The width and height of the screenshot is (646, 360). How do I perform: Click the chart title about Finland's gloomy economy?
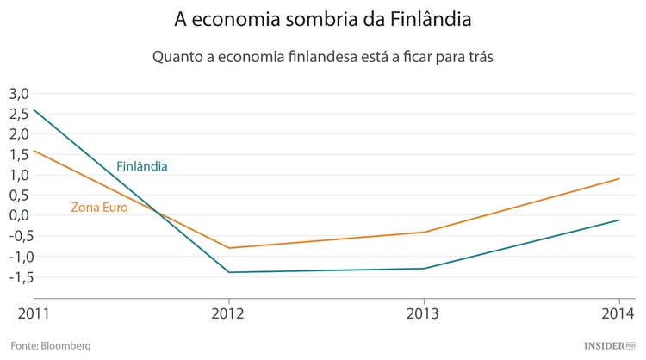(323, 19)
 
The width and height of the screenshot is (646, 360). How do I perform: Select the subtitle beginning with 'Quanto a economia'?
(322, 57)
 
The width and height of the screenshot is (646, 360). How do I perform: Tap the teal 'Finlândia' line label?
(141, 165)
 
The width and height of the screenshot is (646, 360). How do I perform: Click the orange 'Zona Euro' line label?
(99, 207)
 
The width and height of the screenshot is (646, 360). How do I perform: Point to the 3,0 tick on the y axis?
(19, 93)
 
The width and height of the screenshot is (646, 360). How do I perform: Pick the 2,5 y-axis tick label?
(19, 113)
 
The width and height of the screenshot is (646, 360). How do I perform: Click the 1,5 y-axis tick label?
(19, 154)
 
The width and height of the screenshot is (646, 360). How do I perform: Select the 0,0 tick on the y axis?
(19, 215)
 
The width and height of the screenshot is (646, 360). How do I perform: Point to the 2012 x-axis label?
(228, 312)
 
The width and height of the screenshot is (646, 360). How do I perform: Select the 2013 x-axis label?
(424, 312)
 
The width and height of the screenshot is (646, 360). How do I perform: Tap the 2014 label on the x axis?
(619, 312)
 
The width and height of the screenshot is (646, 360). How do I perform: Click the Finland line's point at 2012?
(228, 272)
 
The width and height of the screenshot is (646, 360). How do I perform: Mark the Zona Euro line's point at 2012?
(228, 248)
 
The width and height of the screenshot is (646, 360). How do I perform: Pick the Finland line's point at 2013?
(424, 268)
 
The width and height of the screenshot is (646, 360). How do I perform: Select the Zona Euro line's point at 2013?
(424, 232)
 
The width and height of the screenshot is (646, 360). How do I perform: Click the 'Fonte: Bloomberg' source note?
(50, 345)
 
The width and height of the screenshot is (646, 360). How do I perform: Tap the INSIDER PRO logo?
(608, 345)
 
